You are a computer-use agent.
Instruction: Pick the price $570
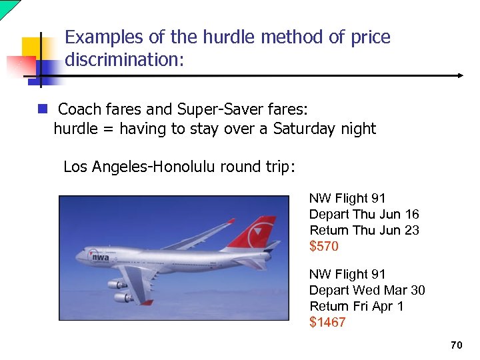click(x=324, y=247)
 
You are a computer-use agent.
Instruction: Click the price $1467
click(x=327, y=323)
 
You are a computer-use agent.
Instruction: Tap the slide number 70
click(x=456, y=345)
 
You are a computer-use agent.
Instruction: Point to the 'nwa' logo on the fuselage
click(x=101, y=257)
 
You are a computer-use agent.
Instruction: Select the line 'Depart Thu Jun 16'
click(x=364, y=215)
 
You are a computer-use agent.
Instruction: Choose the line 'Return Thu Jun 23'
click(x=364, y=231)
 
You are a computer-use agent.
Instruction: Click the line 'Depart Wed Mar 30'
click(x=367, y=290)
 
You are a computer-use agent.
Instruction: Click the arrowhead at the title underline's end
click(x=459, y=76)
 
